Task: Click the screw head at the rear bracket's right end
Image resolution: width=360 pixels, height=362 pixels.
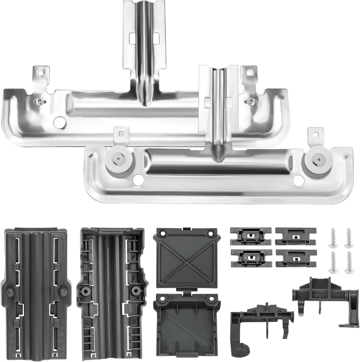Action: click(x=251, y=101)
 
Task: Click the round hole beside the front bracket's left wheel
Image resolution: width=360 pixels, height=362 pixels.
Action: click(x=138, y=179)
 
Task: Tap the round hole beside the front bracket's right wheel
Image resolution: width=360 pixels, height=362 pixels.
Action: click(x=298, y=181)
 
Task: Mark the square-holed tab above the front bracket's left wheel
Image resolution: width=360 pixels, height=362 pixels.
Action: click(x=121, y=135)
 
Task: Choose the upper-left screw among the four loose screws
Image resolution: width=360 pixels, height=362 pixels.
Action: click(x=333, y=238)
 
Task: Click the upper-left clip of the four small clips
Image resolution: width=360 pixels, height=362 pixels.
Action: click(x=251, y=235)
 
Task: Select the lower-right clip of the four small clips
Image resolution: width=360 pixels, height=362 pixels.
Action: click(x=296, y=259)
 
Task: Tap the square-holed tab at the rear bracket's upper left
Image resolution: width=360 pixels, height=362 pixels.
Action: click(x=41, y=74)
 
